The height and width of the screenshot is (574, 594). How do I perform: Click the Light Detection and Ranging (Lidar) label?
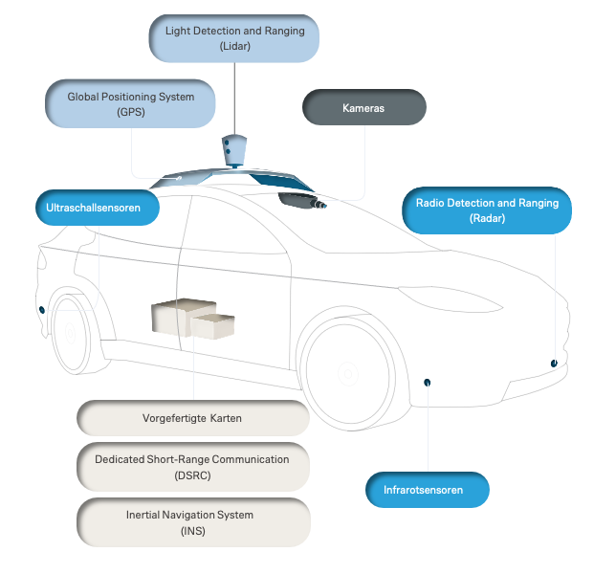[233, 38]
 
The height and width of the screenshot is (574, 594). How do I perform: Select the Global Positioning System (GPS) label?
[130, 103]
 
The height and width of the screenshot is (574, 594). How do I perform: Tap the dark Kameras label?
[363, 108]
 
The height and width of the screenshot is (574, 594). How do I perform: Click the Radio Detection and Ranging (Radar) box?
[487, 210]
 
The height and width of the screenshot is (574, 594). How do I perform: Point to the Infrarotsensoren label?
[428, 490]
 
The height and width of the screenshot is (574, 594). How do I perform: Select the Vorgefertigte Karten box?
[192, 419]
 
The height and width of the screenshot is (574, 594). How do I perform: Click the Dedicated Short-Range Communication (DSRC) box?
[192, 467]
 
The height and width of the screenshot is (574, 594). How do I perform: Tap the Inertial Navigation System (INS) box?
[192, 522]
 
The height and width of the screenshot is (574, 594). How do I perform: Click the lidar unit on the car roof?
[233, 149]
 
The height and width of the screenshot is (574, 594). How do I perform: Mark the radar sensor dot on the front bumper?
[554, 363]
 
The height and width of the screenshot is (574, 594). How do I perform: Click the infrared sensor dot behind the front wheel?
[428, 383]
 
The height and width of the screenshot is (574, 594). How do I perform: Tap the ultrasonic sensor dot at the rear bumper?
[42, 309]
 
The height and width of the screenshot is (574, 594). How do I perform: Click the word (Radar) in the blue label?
[487, 219]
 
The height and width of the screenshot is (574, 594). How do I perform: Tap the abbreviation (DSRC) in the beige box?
[192, 475]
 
